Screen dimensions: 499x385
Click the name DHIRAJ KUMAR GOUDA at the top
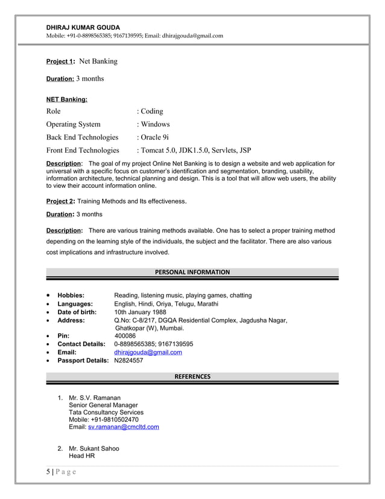pos(83,27)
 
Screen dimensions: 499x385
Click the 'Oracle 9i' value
pos(154,137)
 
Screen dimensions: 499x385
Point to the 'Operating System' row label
pos(74,124)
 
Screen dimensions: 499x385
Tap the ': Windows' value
pos(153,124)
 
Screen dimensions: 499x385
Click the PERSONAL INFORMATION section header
pos(192,272)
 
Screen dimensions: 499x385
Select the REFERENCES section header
pos(192,376)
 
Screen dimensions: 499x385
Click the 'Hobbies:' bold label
pos(71,295)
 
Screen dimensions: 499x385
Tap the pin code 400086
pos(125,336)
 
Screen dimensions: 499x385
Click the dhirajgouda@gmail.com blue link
pos(148,352)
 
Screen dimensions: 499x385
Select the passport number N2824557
pos(129,361)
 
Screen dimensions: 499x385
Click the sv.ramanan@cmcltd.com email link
pos(124,427)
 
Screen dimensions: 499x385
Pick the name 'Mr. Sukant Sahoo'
pos(94,448)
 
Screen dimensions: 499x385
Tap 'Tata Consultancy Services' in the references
pos(106,412)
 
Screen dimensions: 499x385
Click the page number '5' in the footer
pos(48,472)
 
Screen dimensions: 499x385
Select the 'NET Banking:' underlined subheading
pos(67,98)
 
